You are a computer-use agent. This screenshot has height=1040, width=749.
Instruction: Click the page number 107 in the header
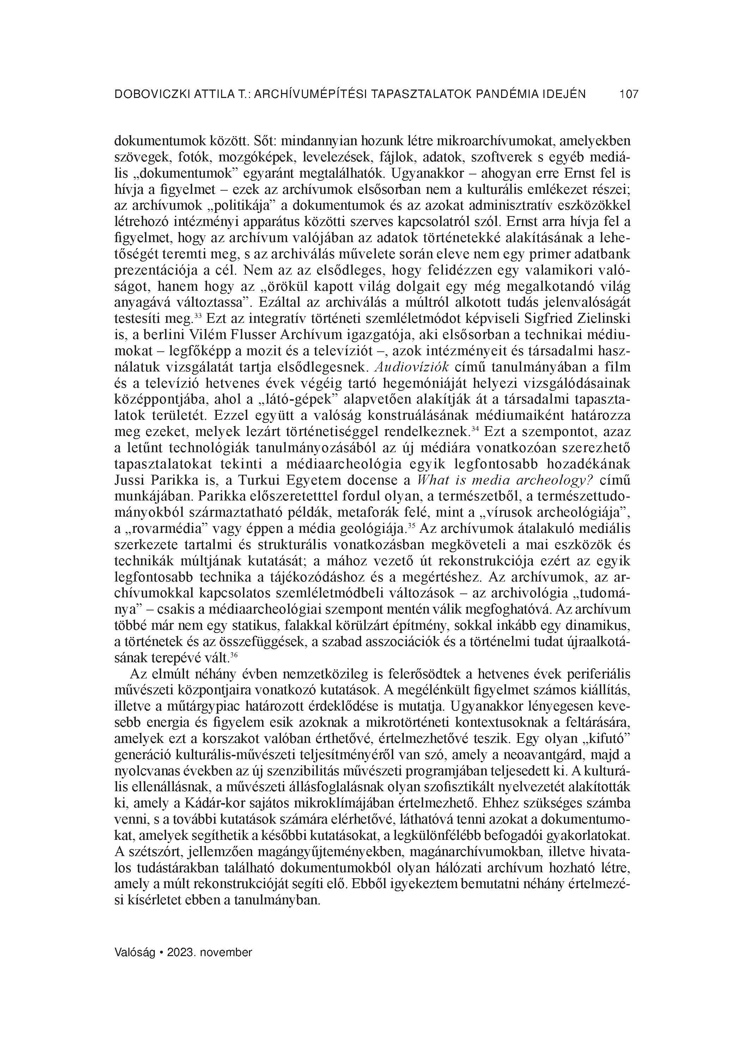629,94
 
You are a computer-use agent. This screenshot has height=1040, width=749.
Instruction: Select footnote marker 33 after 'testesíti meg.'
198,315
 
